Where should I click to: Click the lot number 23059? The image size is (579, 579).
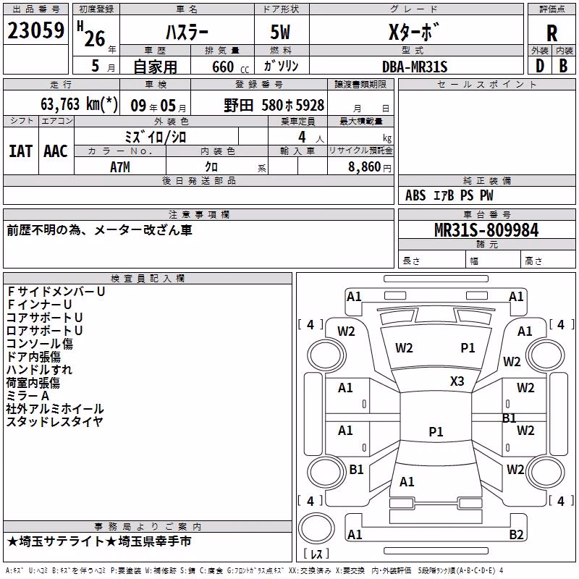click(35, 30)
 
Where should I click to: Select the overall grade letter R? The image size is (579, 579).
click(551, 33)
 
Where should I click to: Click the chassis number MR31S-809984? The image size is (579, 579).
click(486, 230)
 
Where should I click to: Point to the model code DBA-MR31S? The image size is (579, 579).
click(415, 67)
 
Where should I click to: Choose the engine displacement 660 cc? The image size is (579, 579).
click(230, 67)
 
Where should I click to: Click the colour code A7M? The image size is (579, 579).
click(120, 167)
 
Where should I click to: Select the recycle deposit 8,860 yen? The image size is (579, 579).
click(370, 167)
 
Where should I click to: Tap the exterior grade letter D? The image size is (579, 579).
click(540, 66)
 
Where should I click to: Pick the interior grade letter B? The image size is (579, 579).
click(563, 66)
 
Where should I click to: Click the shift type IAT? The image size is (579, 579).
click(21, 151)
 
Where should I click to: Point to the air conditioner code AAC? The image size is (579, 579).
click(56, 151)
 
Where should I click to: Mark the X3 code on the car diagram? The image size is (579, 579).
click(457, 381)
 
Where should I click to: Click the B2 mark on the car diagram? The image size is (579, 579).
click(516, 534)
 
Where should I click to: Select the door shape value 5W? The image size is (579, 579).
click(280, 32)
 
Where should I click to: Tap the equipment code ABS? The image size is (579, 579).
click(415, 195)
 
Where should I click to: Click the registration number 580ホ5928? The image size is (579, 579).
click(293, 106)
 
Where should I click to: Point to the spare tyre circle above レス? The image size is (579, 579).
click(316, 528)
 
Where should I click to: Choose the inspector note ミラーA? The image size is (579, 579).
click(28, 396)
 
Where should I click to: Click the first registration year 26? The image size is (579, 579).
click(95, 38)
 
